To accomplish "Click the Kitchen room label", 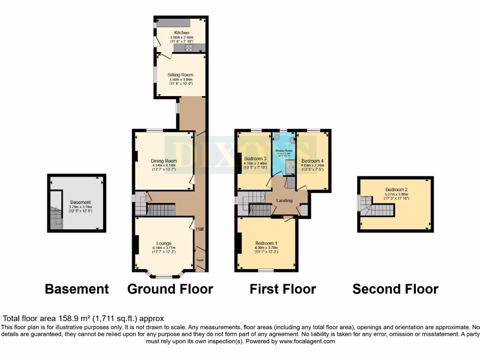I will pyautogui.click(x=181, y=33).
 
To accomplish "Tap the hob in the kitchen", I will pyautogui.click(x=190, y=47).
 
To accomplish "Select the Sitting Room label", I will pyautogui.click(x=180, y=75).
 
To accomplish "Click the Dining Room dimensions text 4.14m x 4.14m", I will pyautogui.click(x=164, y=165).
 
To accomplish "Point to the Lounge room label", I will pyautogui.click(x=162, y=243).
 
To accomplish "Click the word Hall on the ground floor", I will pyautogui.click(x=200, y=229).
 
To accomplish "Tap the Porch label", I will pyautogui.click(x=200, y=260).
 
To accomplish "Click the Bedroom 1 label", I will pyautogui.click(x=266, y=243).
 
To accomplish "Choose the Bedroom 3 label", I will pyautogui.click(x=255, y=159).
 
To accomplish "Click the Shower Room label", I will pyautogui.click(x=284, y=150).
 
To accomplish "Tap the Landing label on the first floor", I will pyautogui.click(x=285, y=201).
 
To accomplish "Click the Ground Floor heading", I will pyautogui.click(x=170, y=289).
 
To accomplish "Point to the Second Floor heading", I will pyautogui.click(x=395, y=289).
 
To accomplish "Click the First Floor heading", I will pyautogui.click(x=283, y=289).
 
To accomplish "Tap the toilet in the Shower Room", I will pyautogui.click(x=277, y=137).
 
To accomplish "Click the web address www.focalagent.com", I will pyautogui.click(x=307, y=342).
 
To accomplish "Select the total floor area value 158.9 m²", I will pyautogui.click(x=80, y=318).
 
